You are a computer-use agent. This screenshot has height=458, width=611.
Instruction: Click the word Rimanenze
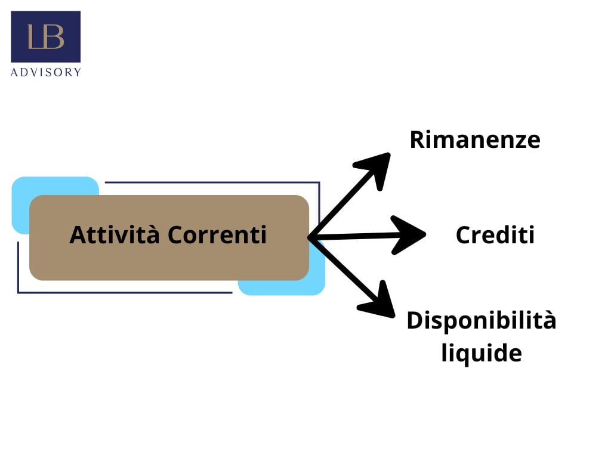(x=474, y=140)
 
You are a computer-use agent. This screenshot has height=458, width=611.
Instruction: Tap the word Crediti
(x=495, y=235)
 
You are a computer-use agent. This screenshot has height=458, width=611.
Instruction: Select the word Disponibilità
(x=481, y=321)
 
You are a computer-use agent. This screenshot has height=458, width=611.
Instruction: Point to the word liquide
(x=481, y=352)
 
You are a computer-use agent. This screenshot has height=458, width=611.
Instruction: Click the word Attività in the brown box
(x=115, y=234)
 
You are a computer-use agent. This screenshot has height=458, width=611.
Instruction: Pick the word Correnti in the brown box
(x=217, y=235)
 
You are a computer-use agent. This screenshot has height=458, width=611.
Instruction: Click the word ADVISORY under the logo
(x=46, y=72)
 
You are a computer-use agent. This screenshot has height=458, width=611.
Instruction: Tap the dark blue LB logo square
(x=46, y=36)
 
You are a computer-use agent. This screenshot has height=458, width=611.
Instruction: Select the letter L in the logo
(x=34, y=37)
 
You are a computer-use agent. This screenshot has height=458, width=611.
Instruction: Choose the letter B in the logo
(x=54, y=37)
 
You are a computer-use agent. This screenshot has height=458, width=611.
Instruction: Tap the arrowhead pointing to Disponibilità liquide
(x=379, y=302)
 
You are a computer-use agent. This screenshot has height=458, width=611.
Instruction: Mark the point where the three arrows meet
(x=311, y=237)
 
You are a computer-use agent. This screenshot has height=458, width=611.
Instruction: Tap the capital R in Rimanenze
(x=417, y=140)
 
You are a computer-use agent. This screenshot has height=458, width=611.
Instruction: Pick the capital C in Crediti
(x=463, y=235)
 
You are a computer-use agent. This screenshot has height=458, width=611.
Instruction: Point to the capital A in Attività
(x=77, y=235)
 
